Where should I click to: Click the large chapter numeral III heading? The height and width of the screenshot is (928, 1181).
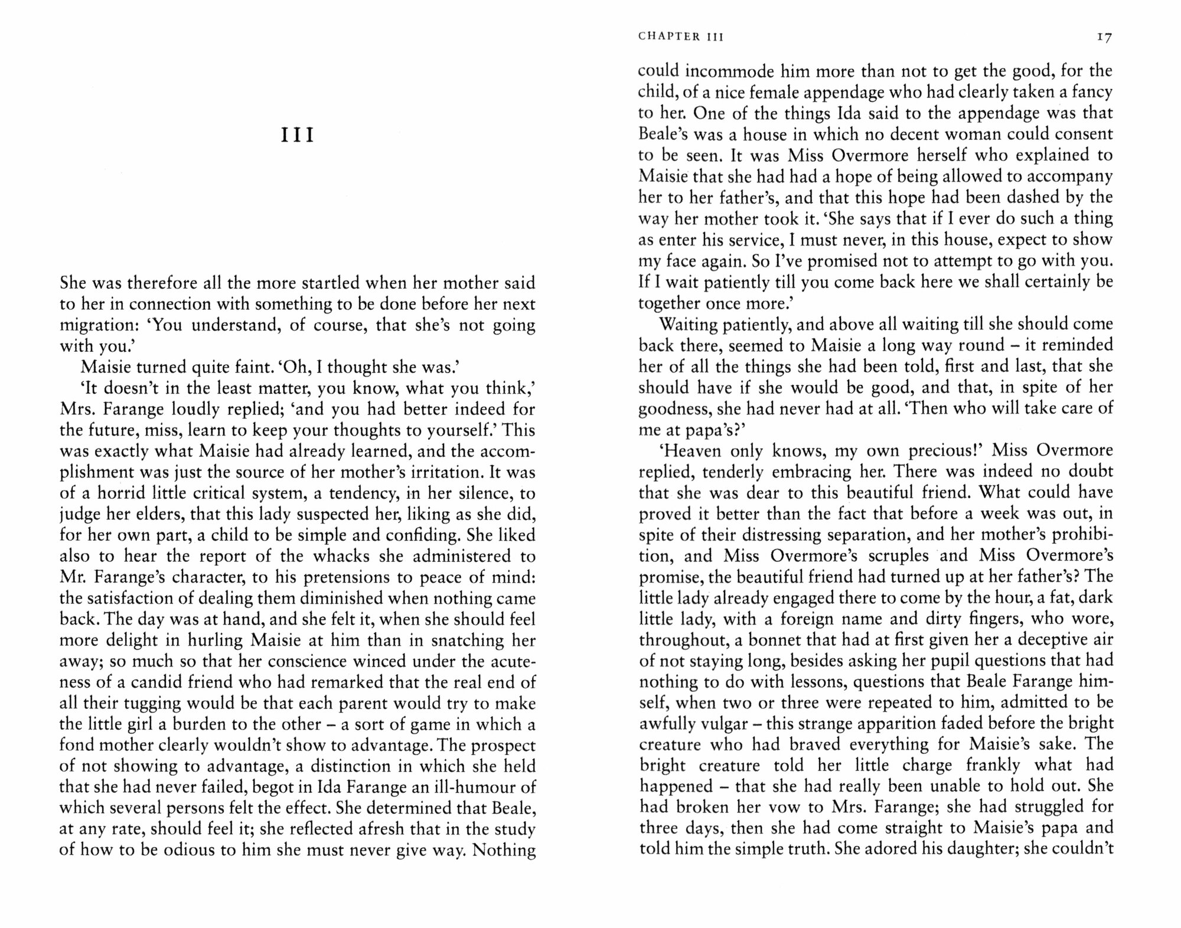297,135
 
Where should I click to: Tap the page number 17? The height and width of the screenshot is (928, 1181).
1104,37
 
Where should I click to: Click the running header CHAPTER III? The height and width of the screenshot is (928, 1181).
681,37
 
